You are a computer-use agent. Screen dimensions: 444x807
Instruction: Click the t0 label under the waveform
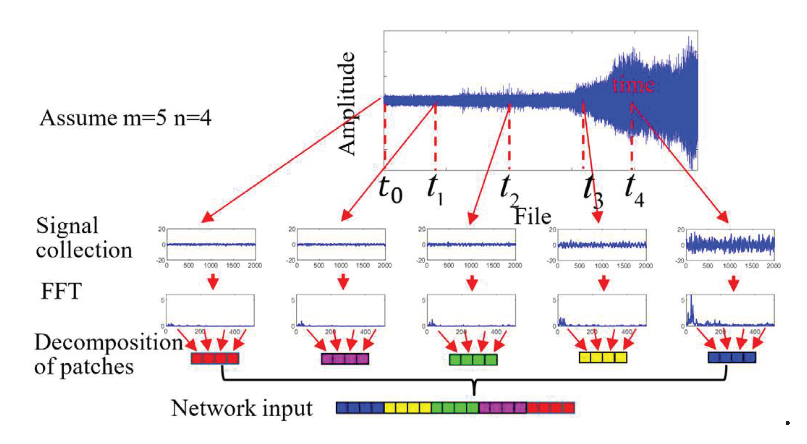pyautogui.click(x=390, y=190)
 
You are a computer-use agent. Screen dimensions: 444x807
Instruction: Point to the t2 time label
pyautogui.click(x=509, y=190)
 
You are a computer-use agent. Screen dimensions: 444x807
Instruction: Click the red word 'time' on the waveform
pyautogui.click(x=633, y=85)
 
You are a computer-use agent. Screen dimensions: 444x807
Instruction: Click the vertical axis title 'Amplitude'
pyautogui.click(x=347, y=103)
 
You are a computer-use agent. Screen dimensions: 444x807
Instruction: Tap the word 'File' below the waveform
pyautogui.click(x=532, y=217)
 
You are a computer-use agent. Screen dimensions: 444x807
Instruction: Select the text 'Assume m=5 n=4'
pyautogui.click(x=125, y=118)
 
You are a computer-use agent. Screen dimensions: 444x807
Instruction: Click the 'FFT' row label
pyautogui.click(x=61, y=291)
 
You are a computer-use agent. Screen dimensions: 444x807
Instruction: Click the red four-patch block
pyautogui.click(x=215, y=358)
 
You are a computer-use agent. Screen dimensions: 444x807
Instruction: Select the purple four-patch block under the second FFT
pyautogui.click(x=345, y=359)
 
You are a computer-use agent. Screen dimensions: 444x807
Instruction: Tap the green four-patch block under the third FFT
pyautogui.click(x=473, y=359)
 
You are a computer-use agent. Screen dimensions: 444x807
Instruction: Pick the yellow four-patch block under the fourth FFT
pyautogui.click(x=603, y=358)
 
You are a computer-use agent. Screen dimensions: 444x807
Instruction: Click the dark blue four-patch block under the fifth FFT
pyautogui.click(x=732, y=357)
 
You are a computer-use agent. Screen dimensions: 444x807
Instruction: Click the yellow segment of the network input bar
pyautogui.click(x=408, y=408)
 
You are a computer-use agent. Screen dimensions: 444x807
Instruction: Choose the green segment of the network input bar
pyautogui.click(x=455, y=408)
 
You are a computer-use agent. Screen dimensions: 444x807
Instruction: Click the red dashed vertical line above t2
pyautogui.click(x=509, y=137)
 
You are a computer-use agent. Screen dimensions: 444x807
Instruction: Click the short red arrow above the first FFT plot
pyautogui.click(x=213, y=281)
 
